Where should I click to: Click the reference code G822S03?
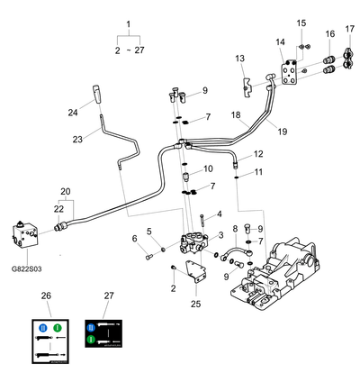tap(26, 268)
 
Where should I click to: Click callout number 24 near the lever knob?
tap(73, 113)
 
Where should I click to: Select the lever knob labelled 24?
tap(96, 94)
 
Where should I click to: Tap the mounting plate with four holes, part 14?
tap(290, 73)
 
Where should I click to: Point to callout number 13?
tap(239, 59)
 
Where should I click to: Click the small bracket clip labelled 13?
tap(247, 87)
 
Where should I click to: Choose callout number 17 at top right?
tap(350, 29)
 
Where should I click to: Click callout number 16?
tap(330, 33)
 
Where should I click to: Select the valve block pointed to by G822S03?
tap(25, 235)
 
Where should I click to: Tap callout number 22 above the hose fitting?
tap(58, 209)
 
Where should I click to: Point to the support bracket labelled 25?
tap(195, 272)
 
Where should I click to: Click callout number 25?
tap(195, 304)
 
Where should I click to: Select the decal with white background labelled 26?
tap(50, 341)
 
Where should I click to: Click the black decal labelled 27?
tap(103, 333)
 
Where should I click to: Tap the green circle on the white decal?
tap(58, 328)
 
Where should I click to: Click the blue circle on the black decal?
tap(91, 328)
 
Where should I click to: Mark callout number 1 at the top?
tap(129, 24)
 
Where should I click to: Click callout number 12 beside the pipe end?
tap(258, 154)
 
